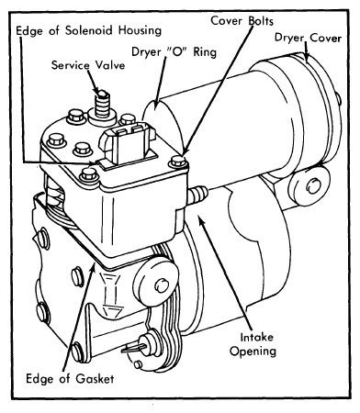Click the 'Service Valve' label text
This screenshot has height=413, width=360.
click(88, 65)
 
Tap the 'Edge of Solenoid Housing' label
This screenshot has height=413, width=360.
click(89, 30)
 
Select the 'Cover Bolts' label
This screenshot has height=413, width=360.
click(242, 21)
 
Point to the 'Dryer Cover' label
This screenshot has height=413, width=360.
click(308, 38)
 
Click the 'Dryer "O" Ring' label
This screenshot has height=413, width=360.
click(174, 51)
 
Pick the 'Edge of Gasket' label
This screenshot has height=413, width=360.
click(70, 379)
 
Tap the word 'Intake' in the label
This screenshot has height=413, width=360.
click(256, 338)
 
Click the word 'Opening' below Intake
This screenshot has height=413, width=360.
click(253, 351)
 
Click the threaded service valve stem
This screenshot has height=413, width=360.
click(102, 104)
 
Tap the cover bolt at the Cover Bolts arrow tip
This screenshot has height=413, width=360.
click(177, 162)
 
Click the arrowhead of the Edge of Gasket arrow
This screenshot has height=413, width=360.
click(93, 263)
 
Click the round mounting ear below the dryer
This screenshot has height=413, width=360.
click(309, 186)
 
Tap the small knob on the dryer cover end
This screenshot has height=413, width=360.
click(338, 98)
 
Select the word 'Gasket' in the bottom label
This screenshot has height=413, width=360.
click(95, 379)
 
